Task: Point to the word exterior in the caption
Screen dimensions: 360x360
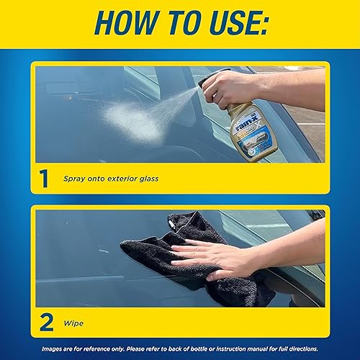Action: click(x=124, y=178)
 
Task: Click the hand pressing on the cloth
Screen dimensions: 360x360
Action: click(x=230, y=256)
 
